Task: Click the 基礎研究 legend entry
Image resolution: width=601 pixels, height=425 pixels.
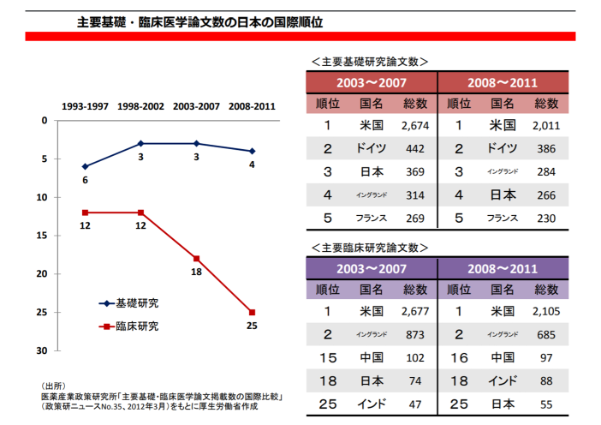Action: click(x=131, y=303)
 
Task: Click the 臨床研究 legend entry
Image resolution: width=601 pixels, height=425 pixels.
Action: click(x=131, y=326)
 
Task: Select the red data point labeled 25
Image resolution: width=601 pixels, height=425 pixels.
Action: click(x=252, y=312)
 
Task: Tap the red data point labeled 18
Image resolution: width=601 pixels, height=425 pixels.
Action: click(x=196, y=258)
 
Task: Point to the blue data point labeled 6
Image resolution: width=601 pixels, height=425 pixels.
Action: click(x=85, y=166)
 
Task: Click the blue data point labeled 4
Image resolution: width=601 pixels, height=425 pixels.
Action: click(x=252, y=151)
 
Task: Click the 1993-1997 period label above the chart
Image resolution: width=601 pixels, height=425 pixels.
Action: click(x=85, y=106)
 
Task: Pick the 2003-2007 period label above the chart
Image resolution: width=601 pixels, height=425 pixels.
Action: click(x=196, y=106)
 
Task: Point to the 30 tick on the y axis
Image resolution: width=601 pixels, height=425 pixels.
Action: click(x=42, y=350)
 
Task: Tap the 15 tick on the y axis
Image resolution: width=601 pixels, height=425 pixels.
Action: click(x=42, y=235)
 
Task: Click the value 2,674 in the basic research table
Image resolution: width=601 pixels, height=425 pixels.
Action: click(x=414, y=126)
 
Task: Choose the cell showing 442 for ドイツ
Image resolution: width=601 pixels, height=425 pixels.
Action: click(x=415, y=149)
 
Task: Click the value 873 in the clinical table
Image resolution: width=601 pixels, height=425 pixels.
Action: click(x=415, y=334)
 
